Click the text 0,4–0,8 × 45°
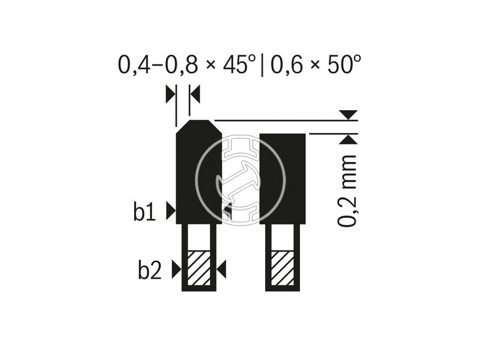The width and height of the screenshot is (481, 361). (x=187, y=64)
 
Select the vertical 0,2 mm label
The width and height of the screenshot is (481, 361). (x=348, y=191)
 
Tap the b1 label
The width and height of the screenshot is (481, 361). (x=145, y=212)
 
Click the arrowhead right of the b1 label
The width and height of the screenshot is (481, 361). (x=171, y=210)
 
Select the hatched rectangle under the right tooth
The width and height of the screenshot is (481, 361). (x=283, y=268)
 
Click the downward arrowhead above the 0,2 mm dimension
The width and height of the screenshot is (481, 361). (x=348, y=115)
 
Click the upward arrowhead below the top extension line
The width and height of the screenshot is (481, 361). (x=348, y=139)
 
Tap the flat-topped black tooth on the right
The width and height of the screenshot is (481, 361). (x=283, y=178)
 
